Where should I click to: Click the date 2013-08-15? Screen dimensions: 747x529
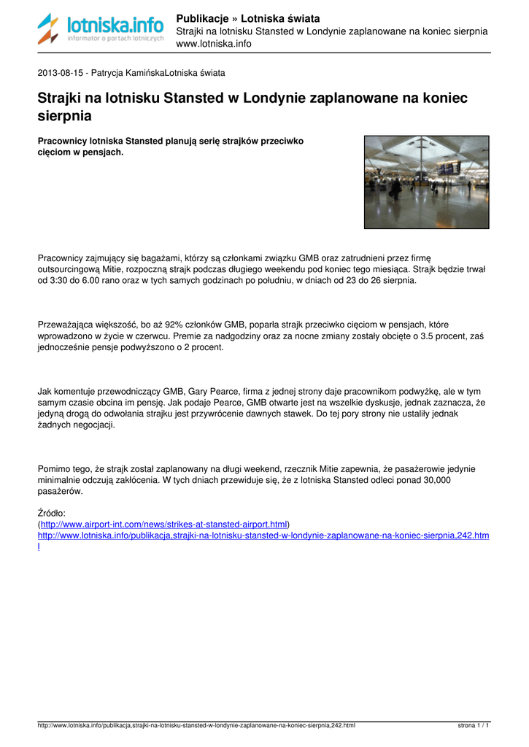pyautogui.click(x=61, y=73)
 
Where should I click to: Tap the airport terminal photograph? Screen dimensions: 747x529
pyautogui.click(x=426, y=182)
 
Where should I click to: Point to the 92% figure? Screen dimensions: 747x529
pyautogui.click(x=173, y=324)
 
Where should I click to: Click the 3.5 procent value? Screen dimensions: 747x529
pyautogui.click(x=425, y=336)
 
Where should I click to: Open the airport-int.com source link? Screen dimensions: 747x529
pyautogui.click(x=164, y=525)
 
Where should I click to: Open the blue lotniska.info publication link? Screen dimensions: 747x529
pyautogui.click(x=263, y=535)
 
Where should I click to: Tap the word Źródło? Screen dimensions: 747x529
pyautogui.click(x=51, y=513)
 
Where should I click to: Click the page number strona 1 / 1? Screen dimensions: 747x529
pyautogui.click(x=474, y=726)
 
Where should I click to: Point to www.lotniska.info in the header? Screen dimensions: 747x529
pyautogui.click(x=214, y=44)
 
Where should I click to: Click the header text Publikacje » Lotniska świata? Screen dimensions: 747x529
pyautogui.click(x=248, y=18)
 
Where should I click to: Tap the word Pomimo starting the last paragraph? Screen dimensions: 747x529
pyautogui.click(x=54, y=468)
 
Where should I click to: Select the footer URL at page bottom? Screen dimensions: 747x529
pyautogui.click(x=196, y=726)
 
